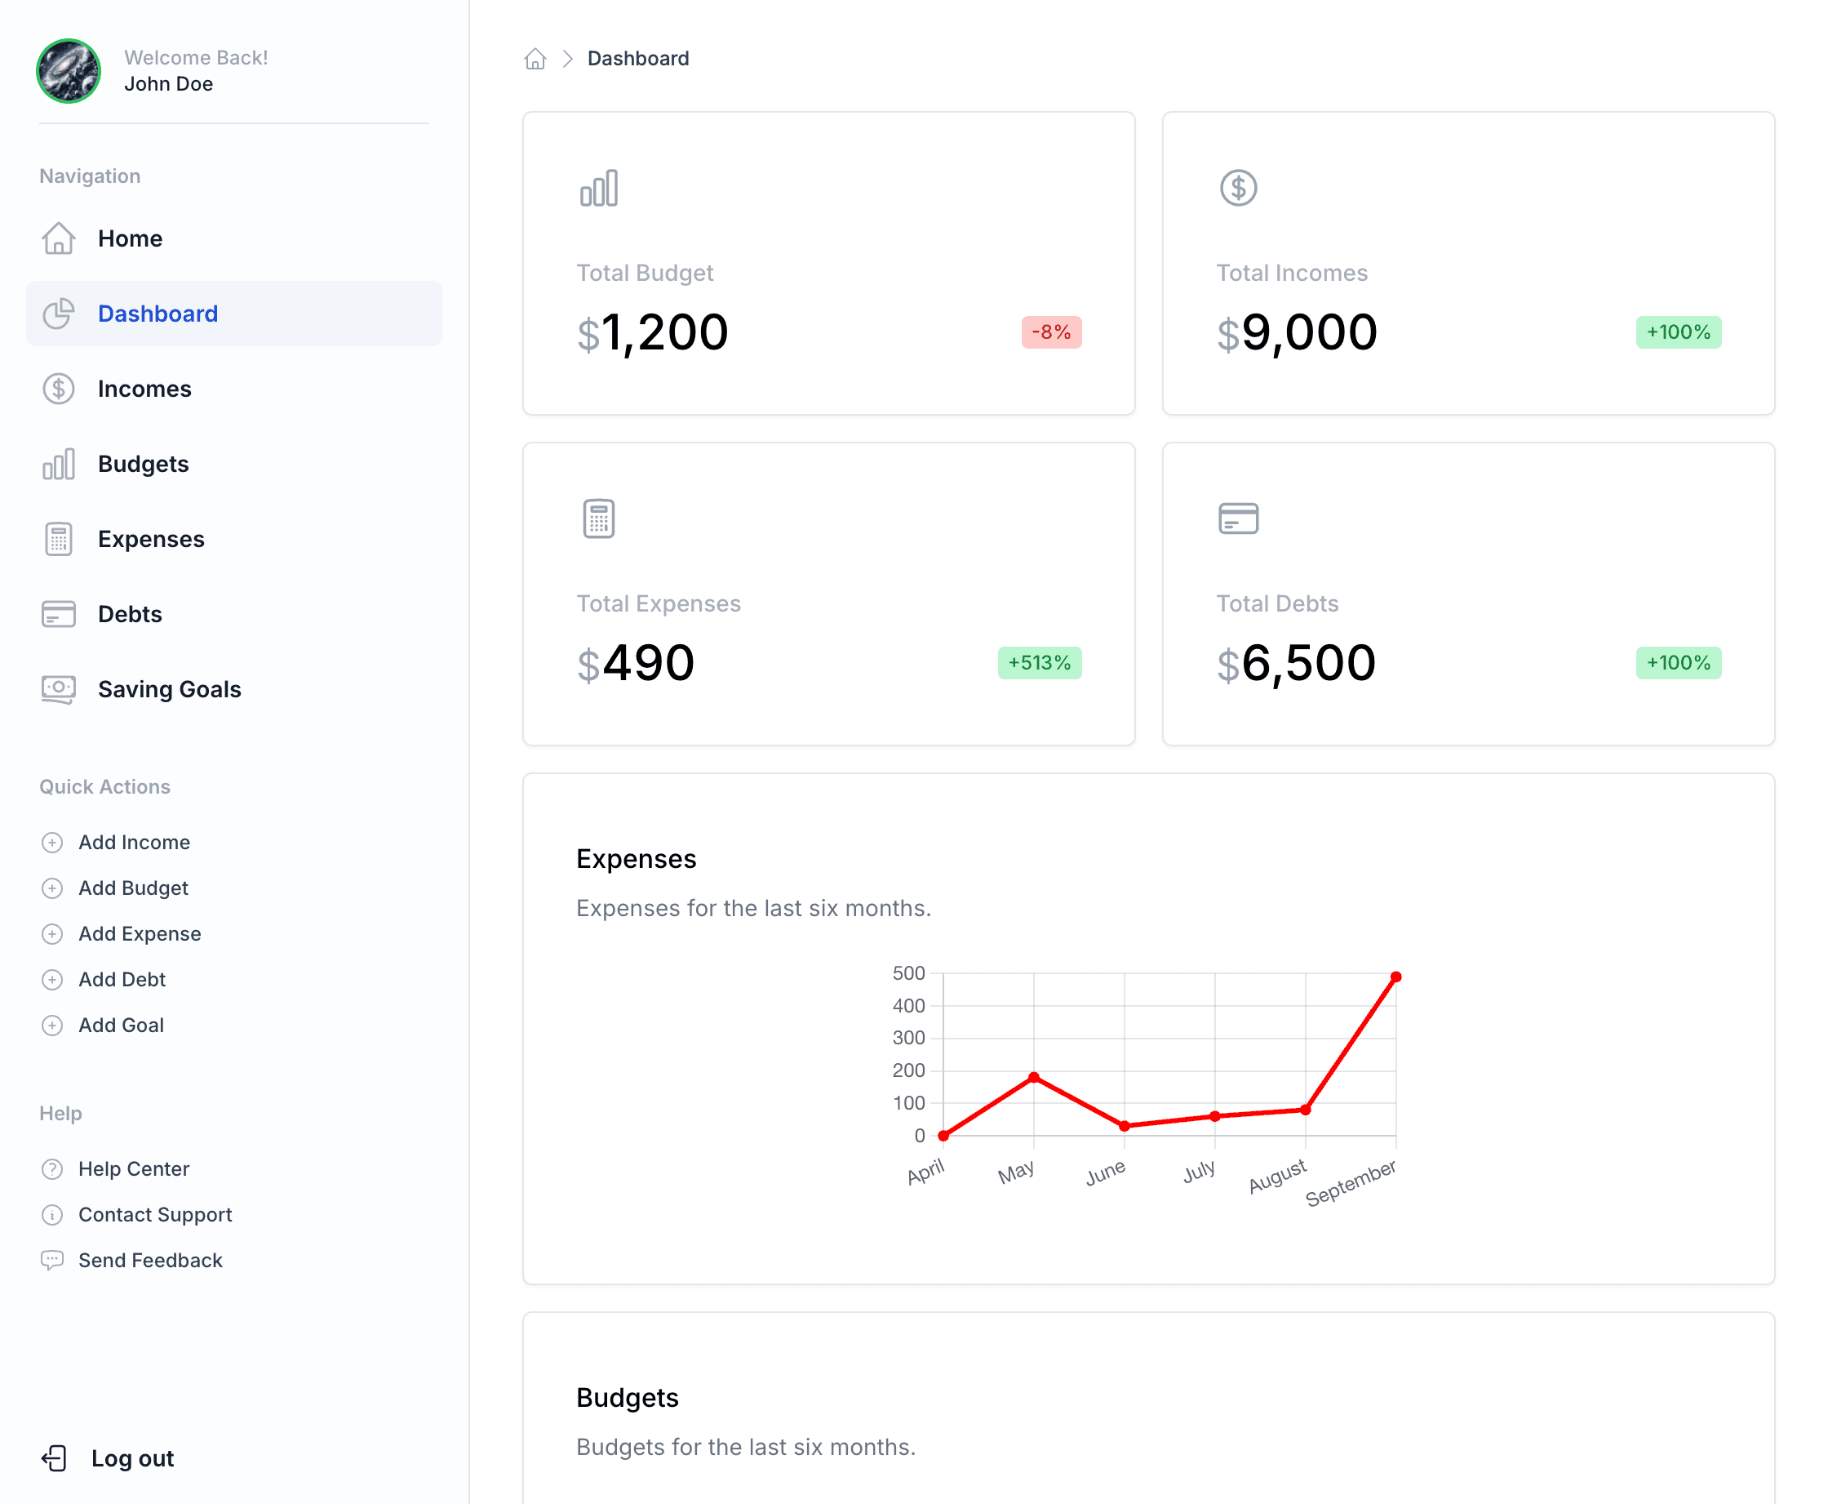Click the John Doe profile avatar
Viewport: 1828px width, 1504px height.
69,71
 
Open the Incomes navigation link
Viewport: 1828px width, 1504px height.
144,389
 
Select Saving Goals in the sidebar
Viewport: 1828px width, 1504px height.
169,690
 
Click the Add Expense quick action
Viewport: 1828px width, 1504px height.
140,934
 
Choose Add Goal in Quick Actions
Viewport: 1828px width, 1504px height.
120,1025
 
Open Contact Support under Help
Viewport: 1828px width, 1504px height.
155,1215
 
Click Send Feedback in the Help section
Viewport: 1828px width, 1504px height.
150,1261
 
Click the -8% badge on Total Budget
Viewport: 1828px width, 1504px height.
1051,332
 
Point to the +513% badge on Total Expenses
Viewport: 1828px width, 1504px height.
1039,663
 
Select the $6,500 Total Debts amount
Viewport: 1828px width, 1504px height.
1295,664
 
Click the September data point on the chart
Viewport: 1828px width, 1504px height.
1396,977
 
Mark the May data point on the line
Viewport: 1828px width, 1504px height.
1034,1077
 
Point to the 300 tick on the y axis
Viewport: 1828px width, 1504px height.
908,1038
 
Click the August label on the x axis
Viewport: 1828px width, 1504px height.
1277,1176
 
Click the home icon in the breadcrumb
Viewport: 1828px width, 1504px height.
535,59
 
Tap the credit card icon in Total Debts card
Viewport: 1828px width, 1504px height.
1238,519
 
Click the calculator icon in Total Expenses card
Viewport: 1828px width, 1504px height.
598,519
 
